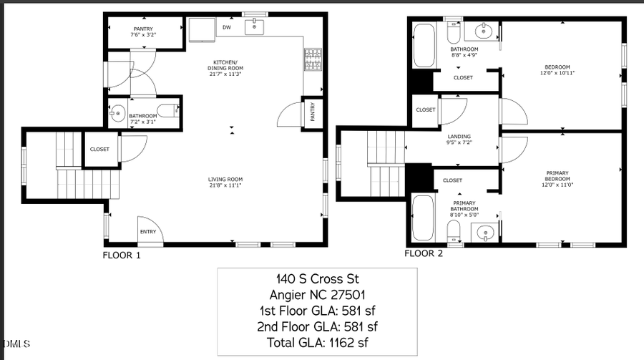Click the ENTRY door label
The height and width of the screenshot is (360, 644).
pos(148,231)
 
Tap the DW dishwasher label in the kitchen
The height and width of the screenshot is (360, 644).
pos(227,28)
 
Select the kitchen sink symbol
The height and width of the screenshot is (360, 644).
pos(254,28)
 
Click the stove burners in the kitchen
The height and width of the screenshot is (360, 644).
pos(313,60)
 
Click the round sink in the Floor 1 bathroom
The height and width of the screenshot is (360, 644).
pos(117,112)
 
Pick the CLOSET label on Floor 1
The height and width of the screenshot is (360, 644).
pos(99,150)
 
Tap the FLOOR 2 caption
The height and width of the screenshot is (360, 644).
pos(424,253)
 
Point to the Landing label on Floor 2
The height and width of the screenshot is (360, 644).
pos(459,139)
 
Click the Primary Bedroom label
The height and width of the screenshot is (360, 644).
pos(557,175)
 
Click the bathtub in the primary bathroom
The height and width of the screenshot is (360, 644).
pos(422,219)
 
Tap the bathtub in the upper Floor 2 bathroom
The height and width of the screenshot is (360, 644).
pos(424,46)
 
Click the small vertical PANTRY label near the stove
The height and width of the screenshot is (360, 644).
pos(313,113)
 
